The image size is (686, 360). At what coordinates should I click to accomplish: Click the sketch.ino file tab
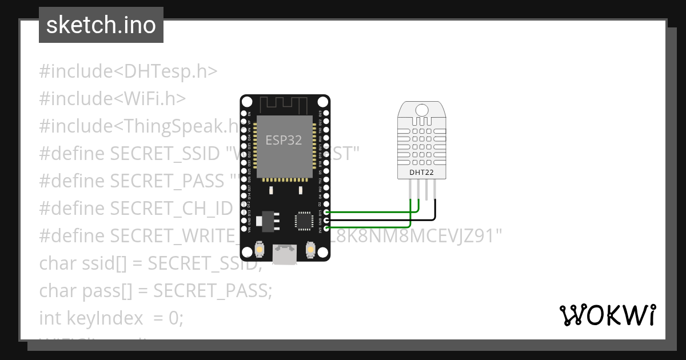(x=101, y=25)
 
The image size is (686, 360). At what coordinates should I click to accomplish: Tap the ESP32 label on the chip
(x=284, y=140)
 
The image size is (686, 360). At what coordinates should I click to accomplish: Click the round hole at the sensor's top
(x=422, y=110)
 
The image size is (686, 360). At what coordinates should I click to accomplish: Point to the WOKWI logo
(x=607, y=315)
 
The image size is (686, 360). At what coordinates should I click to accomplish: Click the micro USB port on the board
(x=285, y=254)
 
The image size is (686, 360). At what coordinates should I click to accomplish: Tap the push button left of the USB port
(x=260, y=250)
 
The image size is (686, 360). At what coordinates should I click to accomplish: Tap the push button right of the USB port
(x=310, y=250)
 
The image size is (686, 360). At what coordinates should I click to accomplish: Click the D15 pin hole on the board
(x=326, y=212)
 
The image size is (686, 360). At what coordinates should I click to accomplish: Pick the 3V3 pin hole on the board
(x=326, y=229)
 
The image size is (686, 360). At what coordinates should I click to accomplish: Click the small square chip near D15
(x=303, y=221)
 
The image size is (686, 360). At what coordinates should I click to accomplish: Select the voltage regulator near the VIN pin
(x=266, y=219)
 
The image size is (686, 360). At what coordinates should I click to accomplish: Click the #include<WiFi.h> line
(x=113, y=99)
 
